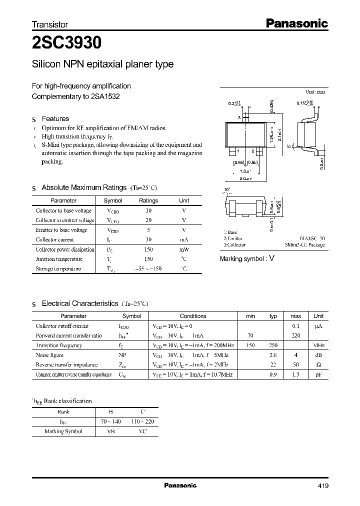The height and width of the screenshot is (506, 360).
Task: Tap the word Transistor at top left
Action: click(x=49, y=24)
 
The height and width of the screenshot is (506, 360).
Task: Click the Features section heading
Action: click(x=55, y=119)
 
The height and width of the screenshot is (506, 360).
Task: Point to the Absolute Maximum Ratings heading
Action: click(x=83, y=187)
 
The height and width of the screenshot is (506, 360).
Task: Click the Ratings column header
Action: click(x=148, y=200)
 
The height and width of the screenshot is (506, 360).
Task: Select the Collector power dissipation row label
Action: click(x=65, y=249)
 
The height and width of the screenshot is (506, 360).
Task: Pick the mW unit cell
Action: click(x=184, y=249)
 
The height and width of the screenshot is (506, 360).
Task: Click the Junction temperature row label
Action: click(x=58, y=259)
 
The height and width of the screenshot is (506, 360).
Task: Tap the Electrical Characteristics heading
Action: click(x=79, y=303)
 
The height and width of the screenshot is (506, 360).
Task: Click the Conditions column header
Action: click(x=192, y=316)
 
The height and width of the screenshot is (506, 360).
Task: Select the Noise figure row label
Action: click(x=49, y=355)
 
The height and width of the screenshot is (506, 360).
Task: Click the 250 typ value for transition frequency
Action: click(x=273, y=345)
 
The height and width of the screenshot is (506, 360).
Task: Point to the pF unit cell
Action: click(x=318, y=374)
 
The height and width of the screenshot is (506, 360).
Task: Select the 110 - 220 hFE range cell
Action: click(x=142, y=421)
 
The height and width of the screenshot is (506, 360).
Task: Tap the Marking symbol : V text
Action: click(x=247, y=258)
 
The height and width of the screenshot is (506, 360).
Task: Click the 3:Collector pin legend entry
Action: click(x=234, y=245)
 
